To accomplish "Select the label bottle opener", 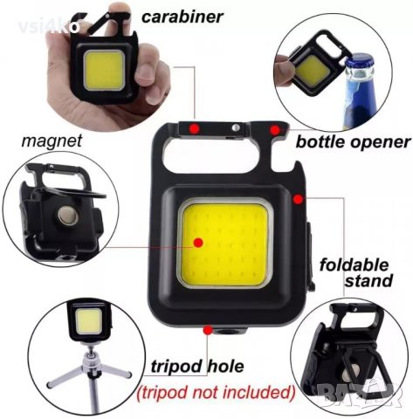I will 352,141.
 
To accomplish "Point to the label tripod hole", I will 184,365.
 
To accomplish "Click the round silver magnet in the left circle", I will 67,214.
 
